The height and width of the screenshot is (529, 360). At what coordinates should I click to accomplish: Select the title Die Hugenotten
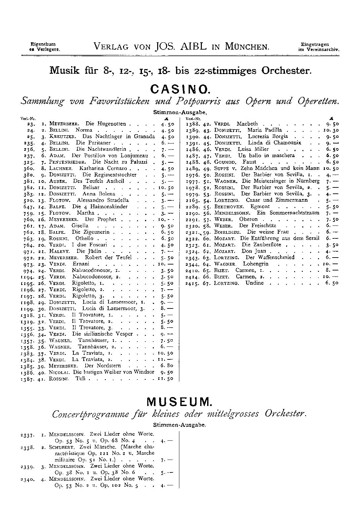pyautogui.click(x=106, y=124)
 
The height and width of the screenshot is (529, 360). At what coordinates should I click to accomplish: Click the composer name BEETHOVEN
pyautogui.click(x=229, y=207)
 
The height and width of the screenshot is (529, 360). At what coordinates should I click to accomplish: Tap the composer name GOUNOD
pyautogui.click(x=225, y=162)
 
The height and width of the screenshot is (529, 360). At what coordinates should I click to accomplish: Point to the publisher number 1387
pyautogui.click(x=27, y=379)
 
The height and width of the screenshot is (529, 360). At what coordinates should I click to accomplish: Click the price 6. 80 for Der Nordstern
pyautogui.click(x=167, y=366)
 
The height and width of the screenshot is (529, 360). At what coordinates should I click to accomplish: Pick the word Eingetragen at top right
pyautogui.click(x=315, y=44)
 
